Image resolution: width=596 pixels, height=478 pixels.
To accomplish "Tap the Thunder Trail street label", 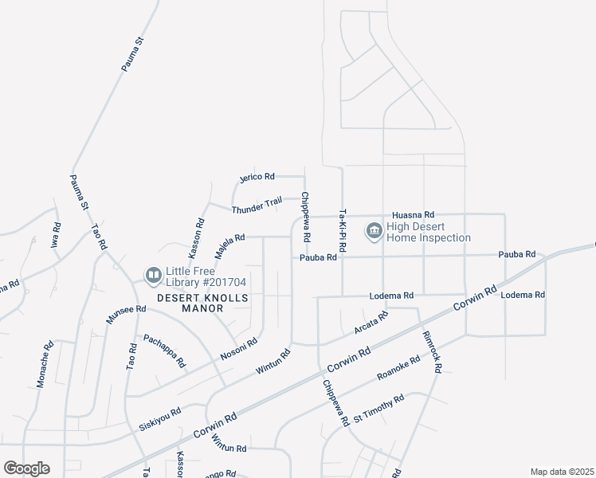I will pyautogui.click(x=257, y=205).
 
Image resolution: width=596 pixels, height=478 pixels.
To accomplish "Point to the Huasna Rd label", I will pyautogui.click(x=413, y=215).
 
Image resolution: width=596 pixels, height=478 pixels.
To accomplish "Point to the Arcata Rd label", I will pyautogui.click(x=371, y=323).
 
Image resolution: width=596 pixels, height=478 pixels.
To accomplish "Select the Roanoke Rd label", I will pyautogui.click(x=398, y=368).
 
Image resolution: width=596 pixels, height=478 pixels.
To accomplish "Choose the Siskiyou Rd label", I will pyautogui.click(x=160, y=417).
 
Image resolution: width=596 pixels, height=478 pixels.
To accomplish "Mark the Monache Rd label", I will pyautogui.click(x=45, y=366).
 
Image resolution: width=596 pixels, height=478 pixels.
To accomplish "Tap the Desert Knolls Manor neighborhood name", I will pyautogui.click(x=202, y=303).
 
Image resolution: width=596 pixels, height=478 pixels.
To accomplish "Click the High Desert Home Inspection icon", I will pyautogui.click(x=373, y=232).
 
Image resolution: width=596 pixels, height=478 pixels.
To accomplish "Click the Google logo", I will pyautogui.click(x=27, y=468).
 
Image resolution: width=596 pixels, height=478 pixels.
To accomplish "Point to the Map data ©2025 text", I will pyautogui.click(x=561, y=472).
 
